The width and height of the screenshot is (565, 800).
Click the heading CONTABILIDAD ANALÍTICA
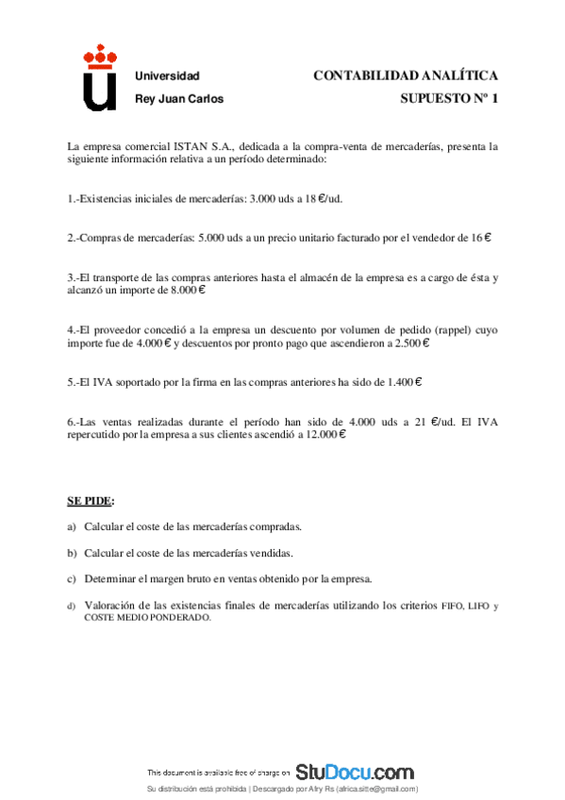405,75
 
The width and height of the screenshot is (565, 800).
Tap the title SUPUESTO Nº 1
448,98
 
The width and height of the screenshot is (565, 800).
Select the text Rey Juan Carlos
179,98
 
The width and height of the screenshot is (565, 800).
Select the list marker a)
73,526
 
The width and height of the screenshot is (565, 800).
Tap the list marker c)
73,578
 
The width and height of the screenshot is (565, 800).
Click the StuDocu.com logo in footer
355,772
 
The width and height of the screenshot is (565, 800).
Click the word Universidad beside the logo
167,75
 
